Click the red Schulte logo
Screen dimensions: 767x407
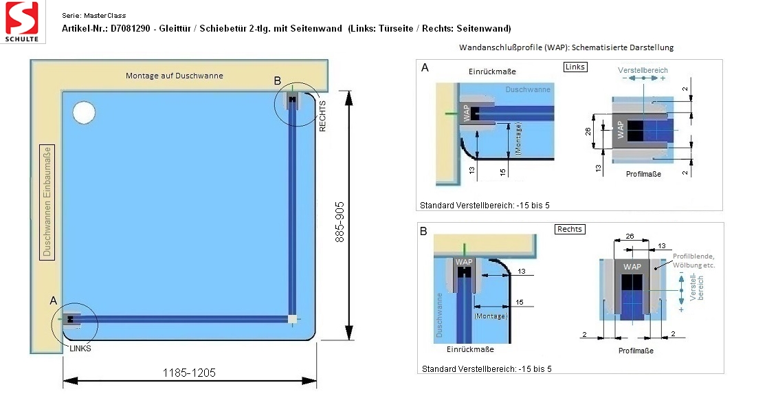22,21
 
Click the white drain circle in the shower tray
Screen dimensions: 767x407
84,113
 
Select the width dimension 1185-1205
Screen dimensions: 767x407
189,373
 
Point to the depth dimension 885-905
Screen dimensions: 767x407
340,221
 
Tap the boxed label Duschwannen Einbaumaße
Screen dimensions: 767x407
47,202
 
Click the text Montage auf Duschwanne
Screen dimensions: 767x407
174,76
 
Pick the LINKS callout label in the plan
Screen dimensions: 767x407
80,349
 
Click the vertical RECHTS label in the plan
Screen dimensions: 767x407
322,116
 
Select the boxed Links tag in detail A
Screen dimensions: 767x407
575,67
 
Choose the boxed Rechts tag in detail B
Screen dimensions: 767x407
570,229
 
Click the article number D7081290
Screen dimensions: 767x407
130,28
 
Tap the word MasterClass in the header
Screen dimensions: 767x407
104,16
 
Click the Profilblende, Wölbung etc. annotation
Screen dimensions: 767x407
693,261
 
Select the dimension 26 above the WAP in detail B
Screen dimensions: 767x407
630,236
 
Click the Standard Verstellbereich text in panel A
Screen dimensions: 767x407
485,206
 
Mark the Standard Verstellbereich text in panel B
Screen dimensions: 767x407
487,368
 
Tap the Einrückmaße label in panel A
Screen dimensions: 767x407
492,71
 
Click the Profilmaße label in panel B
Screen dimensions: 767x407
636,351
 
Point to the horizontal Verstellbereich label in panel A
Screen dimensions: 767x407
643,70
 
